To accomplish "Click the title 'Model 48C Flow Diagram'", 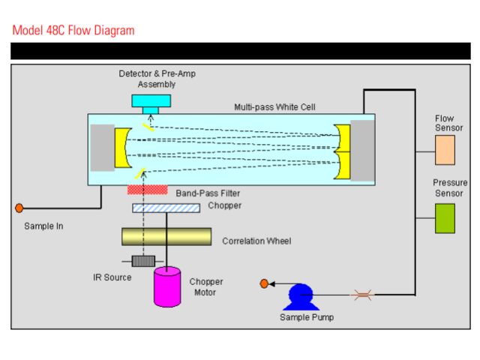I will [73, 31].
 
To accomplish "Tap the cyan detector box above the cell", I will [151, 101].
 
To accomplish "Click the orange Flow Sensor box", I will [445, 149].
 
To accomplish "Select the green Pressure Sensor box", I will [445, 217].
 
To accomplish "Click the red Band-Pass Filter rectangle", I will [147, 191].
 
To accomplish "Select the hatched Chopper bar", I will [166, 208].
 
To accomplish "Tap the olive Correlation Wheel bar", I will [166, 236].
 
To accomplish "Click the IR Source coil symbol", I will [142, 261].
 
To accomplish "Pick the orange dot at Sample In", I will [19, 208].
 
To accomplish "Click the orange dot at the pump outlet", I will [264, 283].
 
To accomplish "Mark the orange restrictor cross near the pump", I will [362, 295].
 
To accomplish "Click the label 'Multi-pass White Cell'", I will [274, 106].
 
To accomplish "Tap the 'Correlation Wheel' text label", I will [256, 241].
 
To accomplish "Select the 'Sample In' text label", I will [43, 225].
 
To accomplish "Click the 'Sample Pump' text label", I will [307, 317].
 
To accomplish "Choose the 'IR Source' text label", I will [112, 277].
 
